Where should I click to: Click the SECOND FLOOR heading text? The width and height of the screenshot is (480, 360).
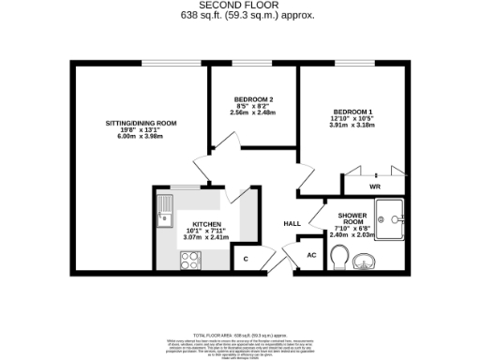(x=239, y=5)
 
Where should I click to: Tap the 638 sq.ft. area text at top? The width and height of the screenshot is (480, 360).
(x=239, y=16)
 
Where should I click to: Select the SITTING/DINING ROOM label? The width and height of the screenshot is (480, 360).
(x=141, y=123)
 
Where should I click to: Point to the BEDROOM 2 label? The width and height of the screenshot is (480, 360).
(x=253, y=99)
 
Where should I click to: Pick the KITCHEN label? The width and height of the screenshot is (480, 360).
(x=206, y=224)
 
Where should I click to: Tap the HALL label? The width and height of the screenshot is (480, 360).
(x=292, y=223)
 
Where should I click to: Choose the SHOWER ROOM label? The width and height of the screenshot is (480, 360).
(x=352, y=219)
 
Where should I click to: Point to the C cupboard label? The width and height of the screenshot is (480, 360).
(x=246, y=258)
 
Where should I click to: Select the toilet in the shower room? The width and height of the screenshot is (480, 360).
(x=340, y=256)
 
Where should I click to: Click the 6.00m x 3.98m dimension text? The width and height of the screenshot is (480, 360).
(x=141, y=138)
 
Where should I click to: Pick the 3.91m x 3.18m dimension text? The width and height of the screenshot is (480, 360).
(x=352, y=126)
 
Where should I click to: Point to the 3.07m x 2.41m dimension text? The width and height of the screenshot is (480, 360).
(x=206, y=239)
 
